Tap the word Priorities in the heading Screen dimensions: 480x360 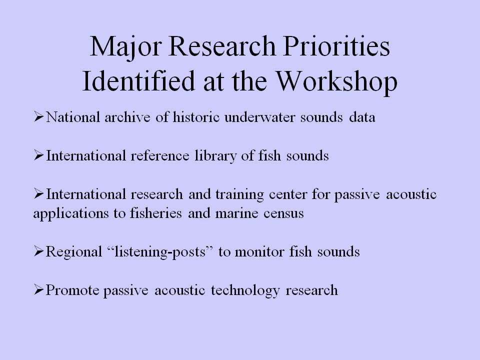(336, 46)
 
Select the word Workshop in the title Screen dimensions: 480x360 (336, 81)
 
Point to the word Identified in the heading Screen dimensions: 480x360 (138, 81)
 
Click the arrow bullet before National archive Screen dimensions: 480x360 (39, 116)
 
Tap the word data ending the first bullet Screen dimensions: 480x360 (362, 117)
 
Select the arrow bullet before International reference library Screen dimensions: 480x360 (39, 155)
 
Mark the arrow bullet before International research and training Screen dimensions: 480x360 (39, 194)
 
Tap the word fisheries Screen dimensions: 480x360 (156, 213)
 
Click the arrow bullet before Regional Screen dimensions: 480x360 (39, 251)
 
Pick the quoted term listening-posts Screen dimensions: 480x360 (160, 252)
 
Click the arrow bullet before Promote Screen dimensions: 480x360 (39, 289)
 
